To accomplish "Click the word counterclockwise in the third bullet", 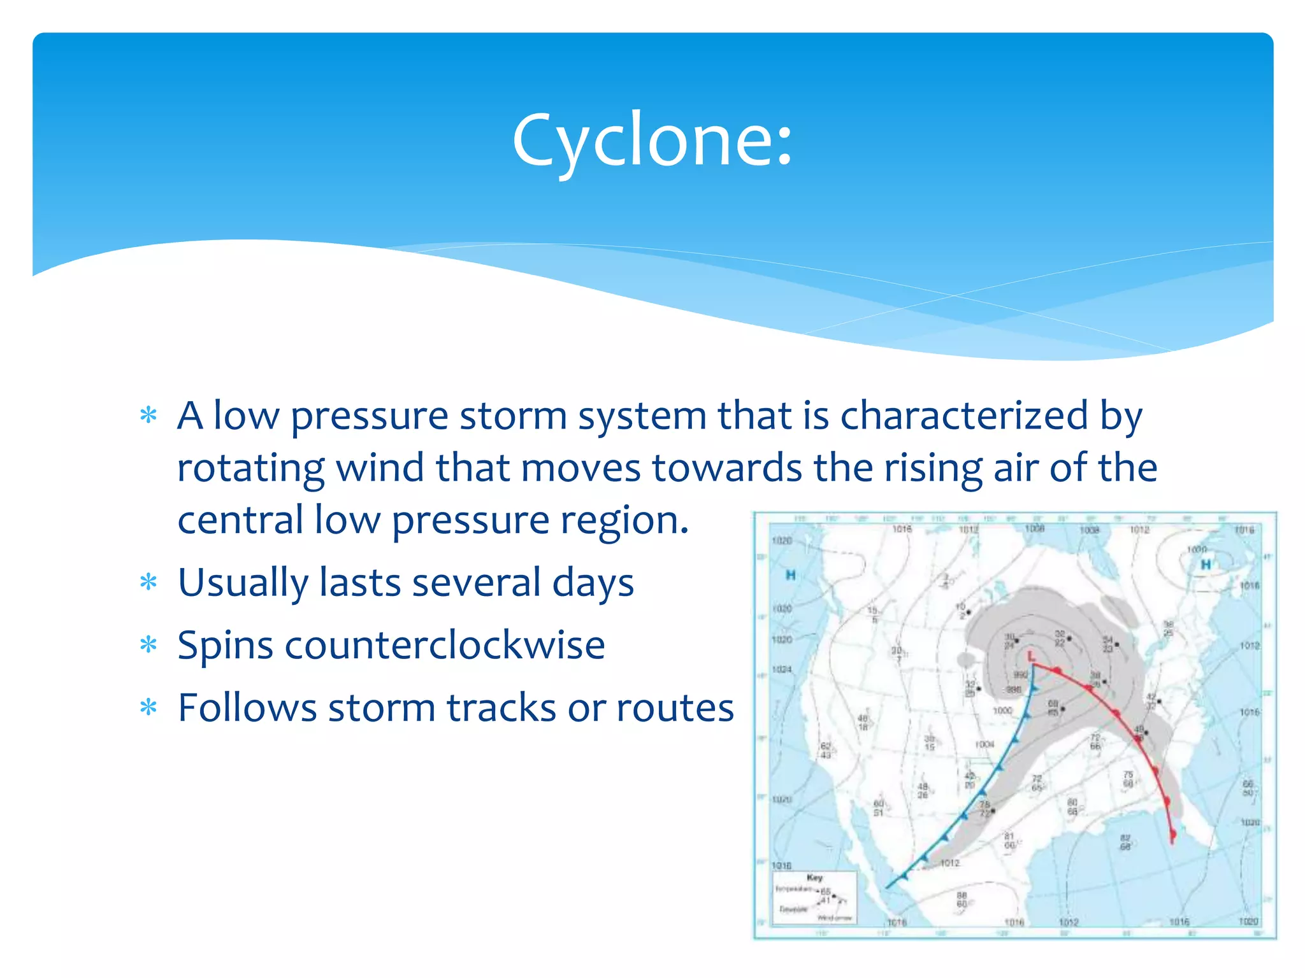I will pos(445,645).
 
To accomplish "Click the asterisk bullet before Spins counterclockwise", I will pos(148,645).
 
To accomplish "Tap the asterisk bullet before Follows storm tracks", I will pos(148,707).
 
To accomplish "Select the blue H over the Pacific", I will pos(791,575).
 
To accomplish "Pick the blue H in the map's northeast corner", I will pos(1206,564).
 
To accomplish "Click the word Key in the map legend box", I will pos(814,877).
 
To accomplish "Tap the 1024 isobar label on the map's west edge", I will pos(782,669).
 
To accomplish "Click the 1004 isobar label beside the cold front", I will pos(984,744).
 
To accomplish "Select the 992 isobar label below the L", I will pos(1020,674).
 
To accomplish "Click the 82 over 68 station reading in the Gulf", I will pos(1125,842).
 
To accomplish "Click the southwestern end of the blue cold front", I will pos(888,887).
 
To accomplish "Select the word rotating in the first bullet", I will pos(250,468).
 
